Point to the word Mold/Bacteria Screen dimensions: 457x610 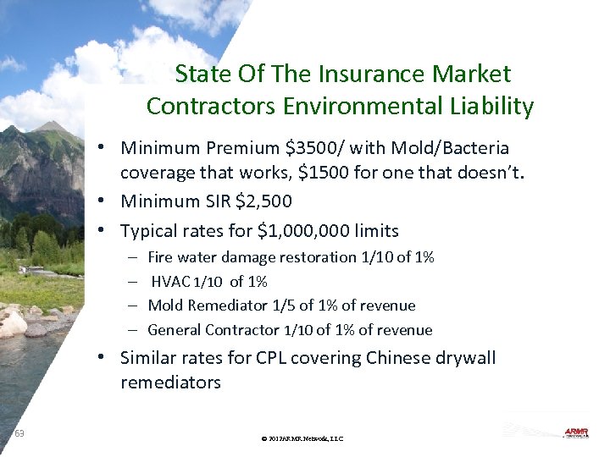point(456,149)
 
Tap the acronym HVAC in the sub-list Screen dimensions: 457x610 point(171,282)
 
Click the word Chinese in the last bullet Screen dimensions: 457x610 point(397,358)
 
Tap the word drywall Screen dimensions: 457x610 point(464,358)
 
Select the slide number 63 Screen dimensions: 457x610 point(19,433)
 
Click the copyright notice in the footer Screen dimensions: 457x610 point(302,438)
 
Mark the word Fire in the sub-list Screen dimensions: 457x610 point(160,257)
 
